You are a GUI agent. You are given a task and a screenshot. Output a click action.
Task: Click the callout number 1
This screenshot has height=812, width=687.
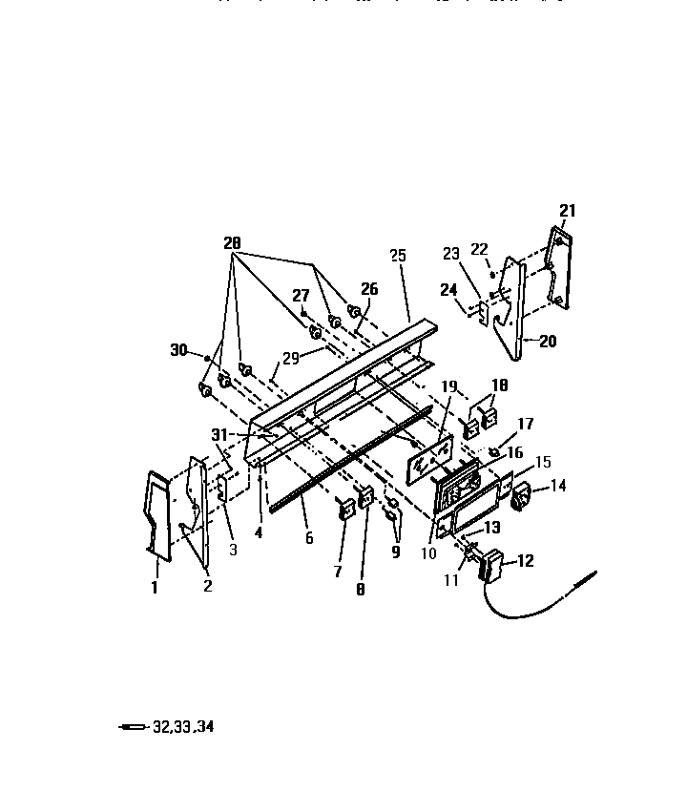tap(154, 588)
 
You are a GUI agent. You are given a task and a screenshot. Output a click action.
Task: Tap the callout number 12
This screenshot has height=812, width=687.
tap(525, 562)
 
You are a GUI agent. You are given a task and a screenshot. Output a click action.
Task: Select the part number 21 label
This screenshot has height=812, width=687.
tap(568, 211)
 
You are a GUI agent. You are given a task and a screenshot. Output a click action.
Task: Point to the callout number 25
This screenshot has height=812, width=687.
tap(398, 256)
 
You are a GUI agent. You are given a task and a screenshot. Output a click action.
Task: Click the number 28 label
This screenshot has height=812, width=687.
tap(232, 244)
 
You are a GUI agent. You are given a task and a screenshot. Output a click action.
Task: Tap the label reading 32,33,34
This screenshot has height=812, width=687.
tap(183, 726)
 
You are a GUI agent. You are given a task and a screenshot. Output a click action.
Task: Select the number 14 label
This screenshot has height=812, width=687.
tap(557, 486)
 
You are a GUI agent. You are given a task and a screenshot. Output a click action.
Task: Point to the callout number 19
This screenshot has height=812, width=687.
tap(449, 386)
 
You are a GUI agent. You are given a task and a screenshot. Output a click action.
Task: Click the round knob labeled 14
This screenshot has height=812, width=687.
tap(524, 497)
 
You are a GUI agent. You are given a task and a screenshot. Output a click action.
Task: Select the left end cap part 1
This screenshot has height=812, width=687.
tap(157, 512)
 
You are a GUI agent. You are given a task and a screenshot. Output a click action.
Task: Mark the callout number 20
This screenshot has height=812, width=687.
tap(548, 342)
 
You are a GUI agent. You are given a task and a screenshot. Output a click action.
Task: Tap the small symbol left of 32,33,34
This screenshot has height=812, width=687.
tap(133, 727)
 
